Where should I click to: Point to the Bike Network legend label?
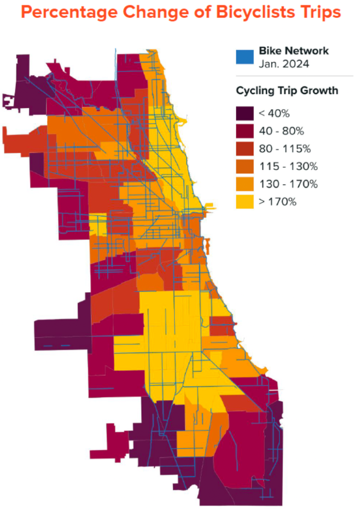pyautogui.click(x=294, y=51)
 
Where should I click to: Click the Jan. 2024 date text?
pyautogui.click(x=284, y=64)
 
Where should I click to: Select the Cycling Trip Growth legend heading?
pyautogui.click(x=287, y=91)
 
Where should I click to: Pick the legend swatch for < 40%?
pyautogui.click(x=244, y=113)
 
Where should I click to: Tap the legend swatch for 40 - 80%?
pyautogui.click(x=244, y=131)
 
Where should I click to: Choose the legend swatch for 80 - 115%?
pyautogui.click(x=244, y=149)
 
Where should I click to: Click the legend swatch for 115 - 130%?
pyautogui.click(x=244, y=167)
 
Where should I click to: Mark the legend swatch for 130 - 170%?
pyautogui.click(x=244, y=185)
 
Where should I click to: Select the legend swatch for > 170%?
pyautogui.click(x=244, y=202)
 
